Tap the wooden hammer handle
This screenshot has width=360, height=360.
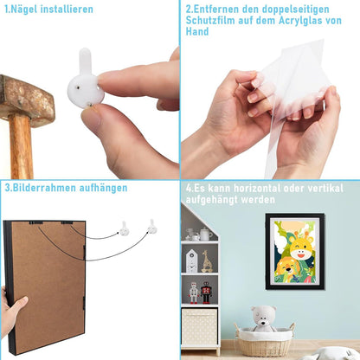21,147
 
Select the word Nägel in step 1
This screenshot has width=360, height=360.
24,9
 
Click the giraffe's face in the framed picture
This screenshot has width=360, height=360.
301,248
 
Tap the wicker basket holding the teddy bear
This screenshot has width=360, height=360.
265,342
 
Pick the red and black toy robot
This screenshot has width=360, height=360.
206,292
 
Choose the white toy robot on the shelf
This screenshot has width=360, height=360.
194,293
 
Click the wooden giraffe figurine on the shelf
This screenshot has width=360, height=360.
207,261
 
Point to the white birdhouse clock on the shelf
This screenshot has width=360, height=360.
191,261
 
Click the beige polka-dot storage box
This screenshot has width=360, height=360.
199,326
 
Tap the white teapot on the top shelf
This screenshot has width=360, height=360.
205,234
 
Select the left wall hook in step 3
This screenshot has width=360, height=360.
124,229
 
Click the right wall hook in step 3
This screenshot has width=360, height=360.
152,227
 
